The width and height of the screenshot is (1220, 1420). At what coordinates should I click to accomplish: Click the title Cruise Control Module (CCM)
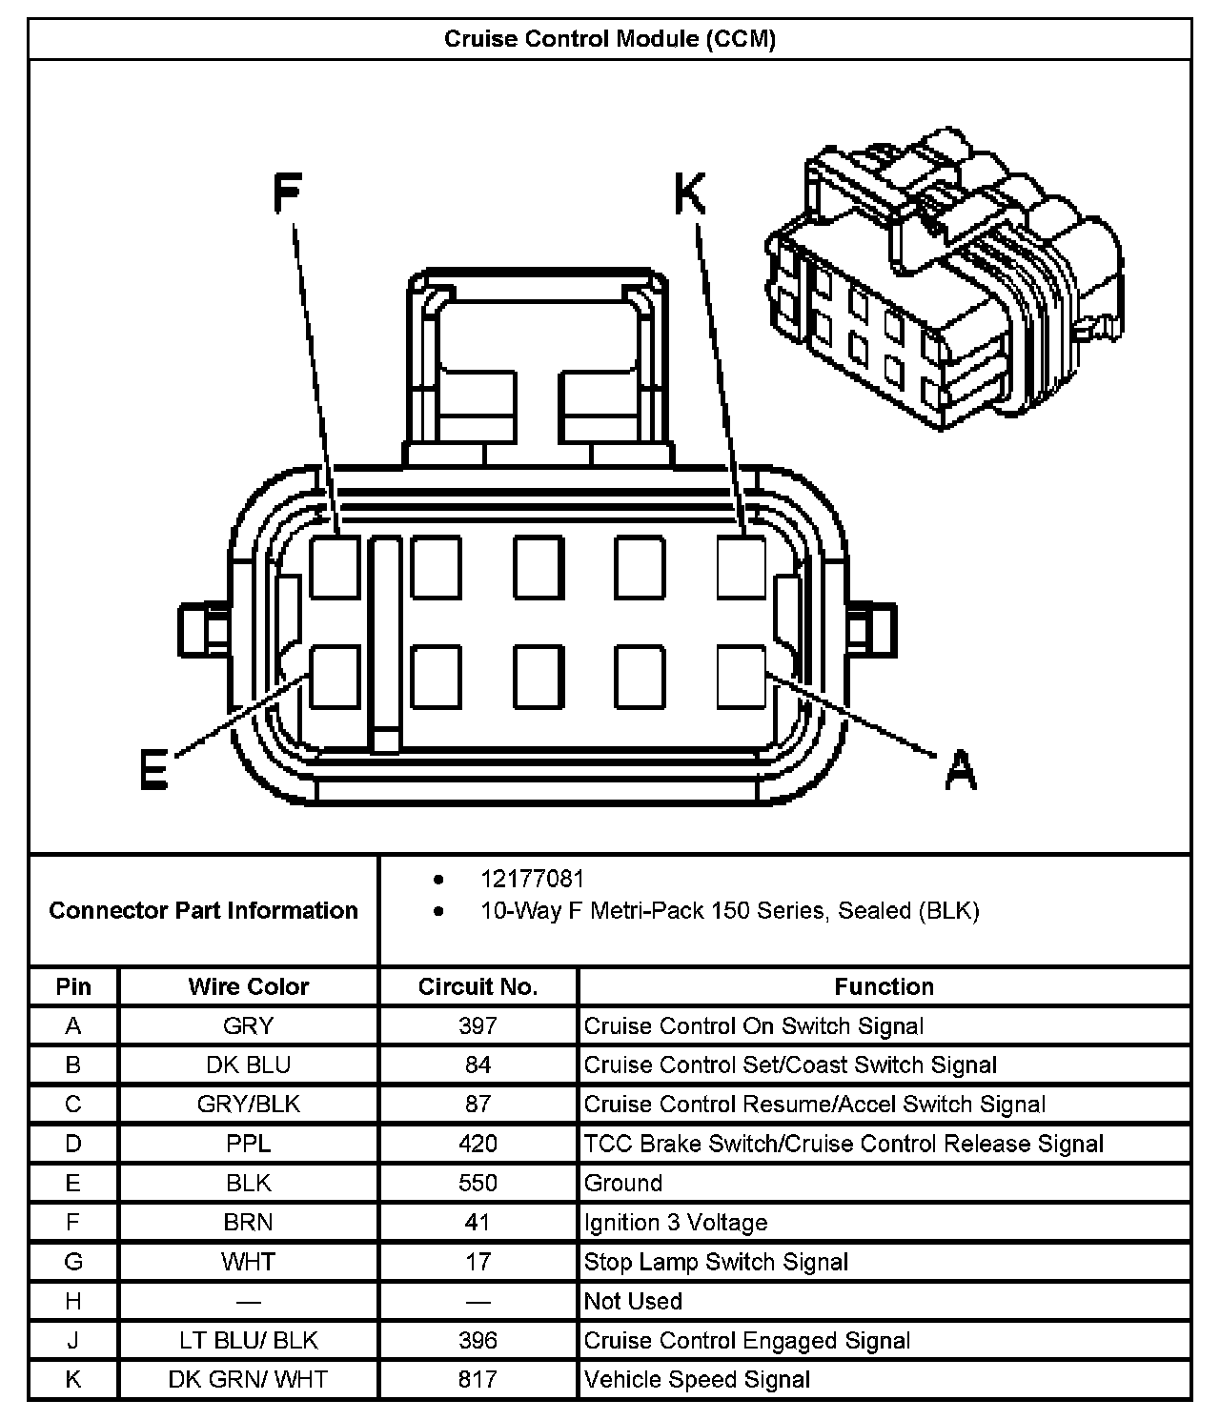pos(610,39)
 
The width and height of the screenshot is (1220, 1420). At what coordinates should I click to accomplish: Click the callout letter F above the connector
pos(287,195)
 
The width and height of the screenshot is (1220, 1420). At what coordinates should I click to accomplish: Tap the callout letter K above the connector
pos(690,195)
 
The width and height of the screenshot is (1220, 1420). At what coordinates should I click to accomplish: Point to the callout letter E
pos(154,770)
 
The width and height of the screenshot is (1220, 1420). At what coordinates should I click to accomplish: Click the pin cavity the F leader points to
pos(335,567)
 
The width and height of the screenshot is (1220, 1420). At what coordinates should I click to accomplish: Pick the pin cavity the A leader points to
pos(742,677)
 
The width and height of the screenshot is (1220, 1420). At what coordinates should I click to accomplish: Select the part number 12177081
pos(532,879)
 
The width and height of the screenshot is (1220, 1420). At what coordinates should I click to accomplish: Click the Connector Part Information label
pos(203,910)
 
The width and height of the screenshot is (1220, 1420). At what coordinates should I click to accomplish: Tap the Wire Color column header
pos(249,986)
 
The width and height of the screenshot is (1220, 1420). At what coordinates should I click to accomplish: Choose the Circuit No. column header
pos(478,986)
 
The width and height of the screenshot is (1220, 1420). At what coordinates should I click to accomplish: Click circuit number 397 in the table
pos(478,1026)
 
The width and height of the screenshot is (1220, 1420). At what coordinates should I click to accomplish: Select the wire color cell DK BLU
pos(249,1065)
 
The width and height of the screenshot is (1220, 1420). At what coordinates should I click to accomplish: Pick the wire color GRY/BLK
pos(249,1105)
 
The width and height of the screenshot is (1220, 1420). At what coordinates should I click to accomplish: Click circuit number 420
pos(478,1144)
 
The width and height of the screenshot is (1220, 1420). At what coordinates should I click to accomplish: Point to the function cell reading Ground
pos(623,1183)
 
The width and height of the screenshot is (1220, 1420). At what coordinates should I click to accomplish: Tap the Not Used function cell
pos(633,1301)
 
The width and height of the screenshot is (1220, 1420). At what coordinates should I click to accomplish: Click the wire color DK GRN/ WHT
pos(249,1379)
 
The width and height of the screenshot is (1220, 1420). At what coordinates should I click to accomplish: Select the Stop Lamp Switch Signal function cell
pos(716,1262)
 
